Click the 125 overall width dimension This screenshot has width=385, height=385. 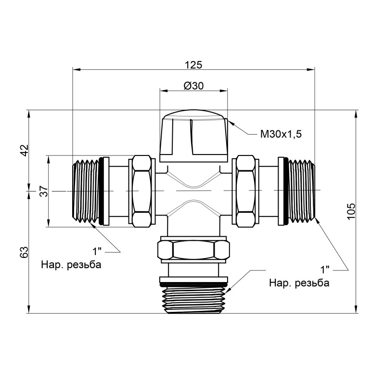(x=193, y=64)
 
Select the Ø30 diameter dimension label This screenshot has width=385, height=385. (x=193, y=86)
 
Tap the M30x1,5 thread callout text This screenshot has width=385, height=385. (x=281, y=134)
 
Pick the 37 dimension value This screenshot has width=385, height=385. (x=43, y=192)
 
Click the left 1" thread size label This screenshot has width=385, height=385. (x=98, y=251)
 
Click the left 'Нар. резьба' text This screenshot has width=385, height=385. (x=72, y=265)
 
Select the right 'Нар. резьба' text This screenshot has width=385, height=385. (x=299, y=282)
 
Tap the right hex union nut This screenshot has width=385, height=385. (x=244, y=191)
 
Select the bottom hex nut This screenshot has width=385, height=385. (x=193, y=250)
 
